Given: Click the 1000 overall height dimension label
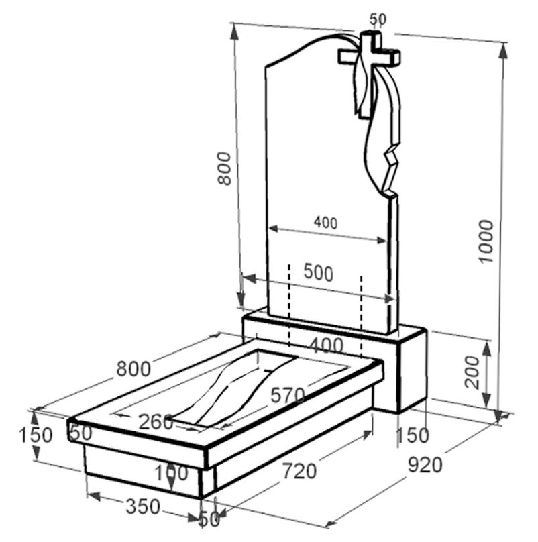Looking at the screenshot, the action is [x=486, y=241].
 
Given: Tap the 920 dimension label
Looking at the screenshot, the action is [x=425, y=465].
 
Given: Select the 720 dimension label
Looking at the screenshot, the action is [x=299, y=471].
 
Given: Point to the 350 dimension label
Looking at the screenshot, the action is [x=143, y=507].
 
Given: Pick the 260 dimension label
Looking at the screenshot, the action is [x=156, y=422].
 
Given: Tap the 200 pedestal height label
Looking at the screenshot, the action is [x=472, y=372].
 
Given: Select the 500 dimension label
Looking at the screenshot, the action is [x=318, y=273].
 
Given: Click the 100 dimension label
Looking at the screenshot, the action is [x=171, y=472].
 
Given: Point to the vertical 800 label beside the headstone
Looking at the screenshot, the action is [x=224, y=168].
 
